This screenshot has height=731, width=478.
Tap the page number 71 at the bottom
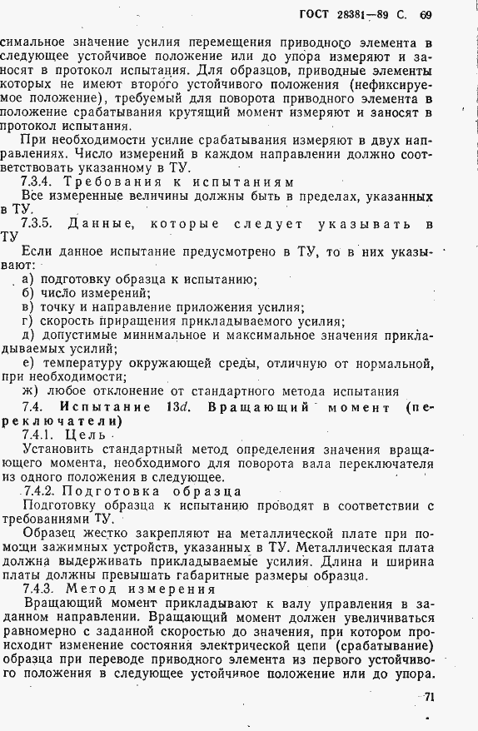point(430,698)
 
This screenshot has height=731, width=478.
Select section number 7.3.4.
point(39,182)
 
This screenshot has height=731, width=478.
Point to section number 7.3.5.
point(39,223)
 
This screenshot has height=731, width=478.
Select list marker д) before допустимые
point(29,335)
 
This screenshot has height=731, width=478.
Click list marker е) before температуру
point(28,363)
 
